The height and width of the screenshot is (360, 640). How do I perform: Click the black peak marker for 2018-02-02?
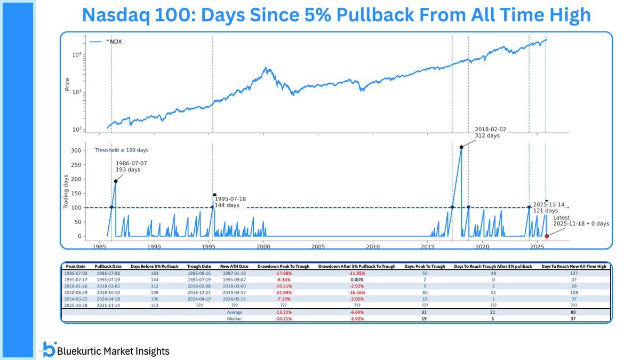pyautogui.click(x=461, y=147)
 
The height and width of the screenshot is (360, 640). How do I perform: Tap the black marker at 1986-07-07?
pyautogui.click(x=115, y=181)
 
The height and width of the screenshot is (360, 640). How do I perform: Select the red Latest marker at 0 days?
pyautogui.click(x=546, y=236)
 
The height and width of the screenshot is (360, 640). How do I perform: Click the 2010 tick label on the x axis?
pyautogui.click(x=373, y=246)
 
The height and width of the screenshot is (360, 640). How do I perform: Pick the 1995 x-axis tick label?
pyautogui.click(x=209, y=246)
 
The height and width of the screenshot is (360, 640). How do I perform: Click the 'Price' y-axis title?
pyautogui.click(x=68, y=84)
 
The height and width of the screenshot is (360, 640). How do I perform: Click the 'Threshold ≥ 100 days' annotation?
pyautogui.click(x=122, y=150)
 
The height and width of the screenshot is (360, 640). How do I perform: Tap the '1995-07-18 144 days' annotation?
pyautogui.click(x=227, y=202)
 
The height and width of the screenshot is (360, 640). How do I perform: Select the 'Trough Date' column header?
pyautogui.click(x=198, y=266)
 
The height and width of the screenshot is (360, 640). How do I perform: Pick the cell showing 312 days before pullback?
pyautogui.click(x=155, y=286)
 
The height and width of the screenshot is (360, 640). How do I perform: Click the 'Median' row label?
pyautogui.click(x=235, y=318)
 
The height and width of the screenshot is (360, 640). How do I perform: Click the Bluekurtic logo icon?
pyautogui.click(x=49, y=349)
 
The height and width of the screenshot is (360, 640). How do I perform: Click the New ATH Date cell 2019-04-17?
pyautogui.click(x=235, y=292)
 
